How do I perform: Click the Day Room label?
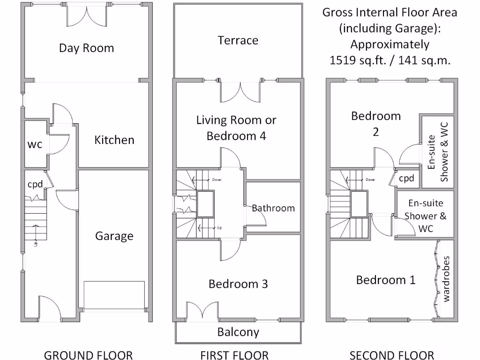coord(86,48)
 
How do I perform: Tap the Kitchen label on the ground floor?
coord(114,140)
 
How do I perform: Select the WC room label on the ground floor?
coord(34,144)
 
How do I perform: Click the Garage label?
coord(114,236)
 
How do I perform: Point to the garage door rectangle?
coord(114,295)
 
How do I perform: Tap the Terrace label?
coord(238,40)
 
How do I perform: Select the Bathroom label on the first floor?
coord(273,208)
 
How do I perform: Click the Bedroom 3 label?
coord(238,284)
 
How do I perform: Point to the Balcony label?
coord(238,332)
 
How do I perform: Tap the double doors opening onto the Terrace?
coord(240,91)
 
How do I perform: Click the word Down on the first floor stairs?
coord(216,180)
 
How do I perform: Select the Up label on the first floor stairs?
coord(219,228)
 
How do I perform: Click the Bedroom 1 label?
coord(385,280)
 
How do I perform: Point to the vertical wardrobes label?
coord(446,278)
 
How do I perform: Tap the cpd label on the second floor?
coord(406,179)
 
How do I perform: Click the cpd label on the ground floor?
coord(35,184)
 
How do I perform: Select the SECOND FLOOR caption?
coord(392,355)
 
